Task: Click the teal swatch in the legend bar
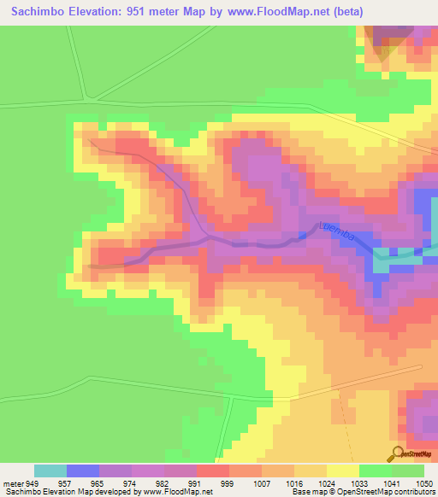click(x=50, y=471)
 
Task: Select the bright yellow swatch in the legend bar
click(x=342, y=471)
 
